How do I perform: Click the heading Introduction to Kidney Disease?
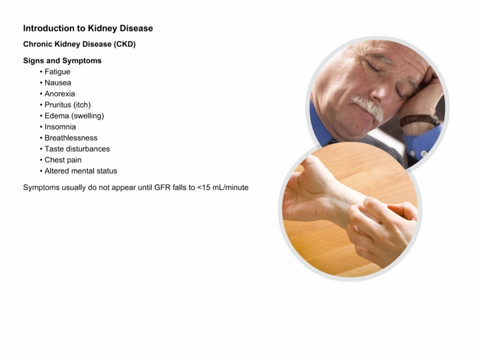88,29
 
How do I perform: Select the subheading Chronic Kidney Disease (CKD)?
80,44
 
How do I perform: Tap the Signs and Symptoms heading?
62,60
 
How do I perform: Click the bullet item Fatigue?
58,72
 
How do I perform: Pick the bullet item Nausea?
58,83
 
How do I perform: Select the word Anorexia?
60,94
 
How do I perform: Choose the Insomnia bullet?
60,127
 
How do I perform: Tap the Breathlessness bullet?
71,138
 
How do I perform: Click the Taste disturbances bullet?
77,149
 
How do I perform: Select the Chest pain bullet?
63,160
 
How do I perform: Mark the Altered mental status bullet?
81,171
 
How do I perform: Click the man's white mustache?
369,107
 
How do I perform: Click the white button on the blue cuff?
424,153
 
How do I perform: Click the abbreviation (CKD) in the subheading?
125,44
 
